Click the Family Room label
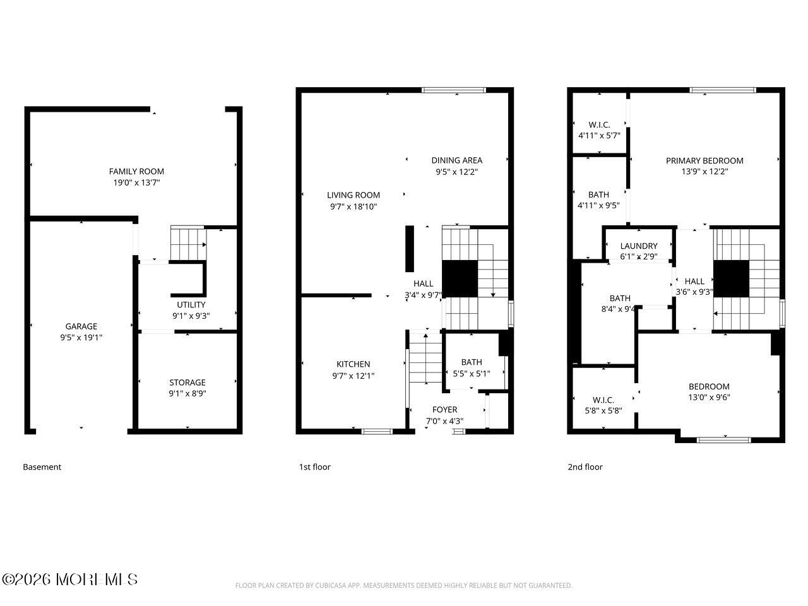click(x=136, y=171)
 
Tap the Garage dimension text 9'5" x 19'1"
click(x=81, y=337)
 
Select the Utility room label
click(x=191, y=305)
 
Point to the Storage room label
click(x=187, y=382)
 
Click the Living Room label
click(x=353, y=195)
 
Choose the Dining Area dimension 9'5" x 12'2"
click(x=456, y=172)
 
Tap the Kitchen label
click(x=353, y=364)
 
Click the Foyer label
click(x=444, y=410)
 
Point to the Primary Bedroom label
click(x=704, y=160)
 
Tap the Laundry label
click(x=638, y=246)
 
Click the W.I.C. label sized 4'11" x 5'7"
click(x=599, y=125)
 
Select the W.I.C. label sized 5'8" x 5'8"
click(x=603, y=400)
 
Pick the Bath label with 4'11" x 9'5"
click(x=598, y=194)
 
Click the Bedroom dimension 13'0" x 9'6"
click(x=709, y=397)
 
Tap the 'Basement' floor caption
click(x=42, y=467)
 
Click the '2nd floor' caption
click(x=585, y=467)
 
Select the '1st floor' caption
click(x=314, y=467)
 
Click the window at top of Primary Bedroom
click(x=723, y=90)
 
